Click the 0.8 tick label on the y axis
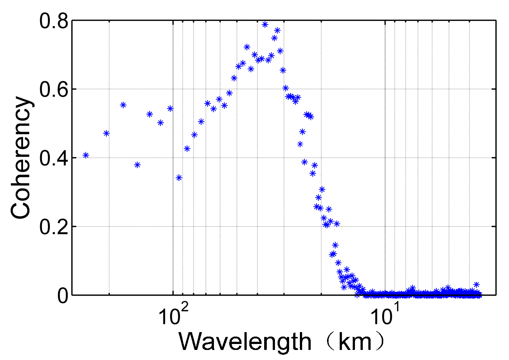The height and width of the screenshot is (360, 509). coord(54,21)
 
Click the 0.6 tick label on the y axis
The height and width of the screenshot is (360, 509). coord(54,90)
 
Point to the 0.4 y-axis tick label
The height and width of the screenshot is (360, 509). coord(54,158)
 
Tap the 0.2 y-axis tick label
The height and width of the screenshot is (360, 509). coord(54,227)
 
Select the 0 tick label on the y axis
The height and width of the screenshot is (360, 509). coord(63,296)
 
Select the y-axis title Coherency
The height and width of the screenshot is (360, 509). coord(21,158)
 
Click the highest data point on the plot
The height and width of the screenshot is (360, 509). coord(265,25)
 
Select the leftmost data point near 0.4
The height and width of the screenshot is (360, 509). coord(86,155)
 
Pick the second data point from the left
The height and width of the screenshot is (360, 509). coord(106,133)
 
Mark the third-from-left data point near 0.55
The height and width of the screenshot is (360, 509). coord(123,105)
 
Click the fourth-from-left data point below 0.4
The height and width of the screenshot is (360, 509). coord(137,165)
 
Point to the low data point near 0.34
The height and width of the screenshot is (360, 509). coord(179,178)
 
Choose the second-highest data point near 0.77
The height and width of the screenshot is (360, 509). coord(277,30)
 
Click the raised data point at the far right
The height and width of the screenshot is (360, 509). coord(476,285)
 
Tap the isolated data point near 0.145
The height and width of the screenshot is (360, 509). coord(335,245)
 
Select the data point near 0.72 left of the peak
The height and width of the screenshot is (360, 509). coord(247,47)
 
